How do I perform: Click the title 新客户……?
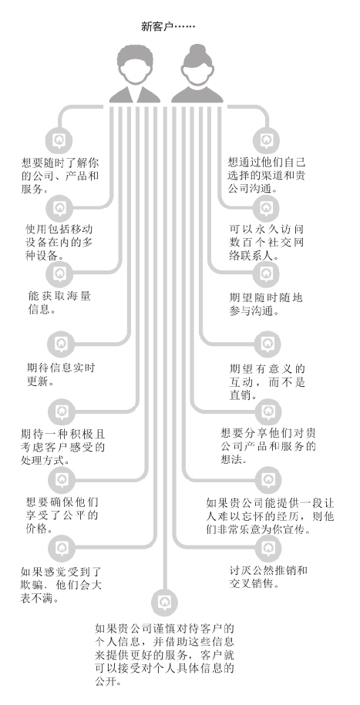[168, 26]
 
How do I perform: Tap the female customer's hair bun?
[197, 50]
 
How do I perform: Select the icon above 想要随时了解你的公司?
[59, 141]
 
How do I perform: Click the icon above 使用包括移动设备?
[60, 208]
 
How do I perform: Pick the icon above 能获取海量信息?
[60, 274]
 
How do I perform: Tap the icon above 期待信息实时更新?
[61, 344]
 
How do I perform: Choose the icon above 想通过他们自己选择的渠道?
[266, 141]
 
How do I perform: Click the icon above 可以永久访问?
[266, 208]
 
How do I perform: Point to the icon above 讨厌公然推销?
[268, 548]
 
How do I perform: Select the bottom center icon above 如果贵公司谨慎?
[165, 603]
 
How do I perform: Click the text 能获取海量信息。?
[59, 303]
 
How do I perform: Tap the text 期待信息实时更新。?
[61, 374]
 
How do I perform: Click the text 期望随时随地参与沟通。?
[266, 304]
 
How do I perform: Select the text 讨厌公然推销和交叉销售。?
[268, 577]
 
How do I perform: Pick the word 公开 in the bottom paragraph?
[105, 680]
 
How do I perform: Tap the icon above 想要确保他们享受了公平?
[62, 479]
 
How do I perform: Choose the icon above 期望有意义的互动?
[267, 344]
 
